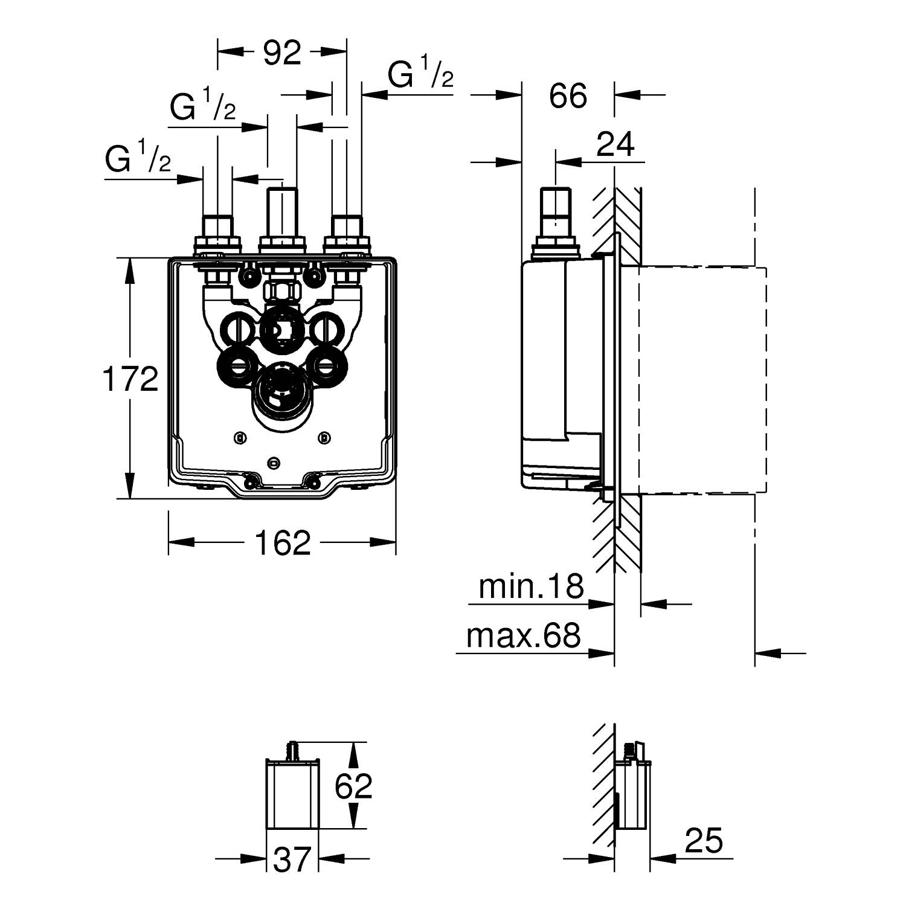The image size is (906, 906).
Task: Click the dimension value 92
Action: tap(282, 53)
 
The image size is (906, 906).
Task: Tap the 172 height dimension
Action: tap(130, 379)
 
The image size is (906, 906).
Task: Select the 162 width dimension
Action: tap(283, 542)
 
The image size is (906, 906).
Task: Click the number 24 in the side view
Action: tap(615, 144)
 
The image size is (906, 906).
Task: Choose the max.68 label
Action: tap(524, 635)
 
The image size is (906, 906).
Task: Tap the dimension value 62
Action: tap(354, 786)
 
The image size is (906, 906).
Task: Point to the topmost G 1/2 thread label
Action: tap(420, 75)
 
